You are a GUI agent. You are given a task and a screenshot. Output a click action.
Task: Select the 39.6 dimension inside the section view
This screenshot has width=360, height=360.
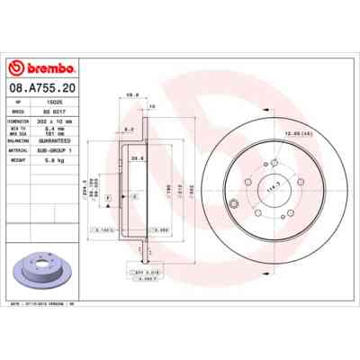pos(139,158)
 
